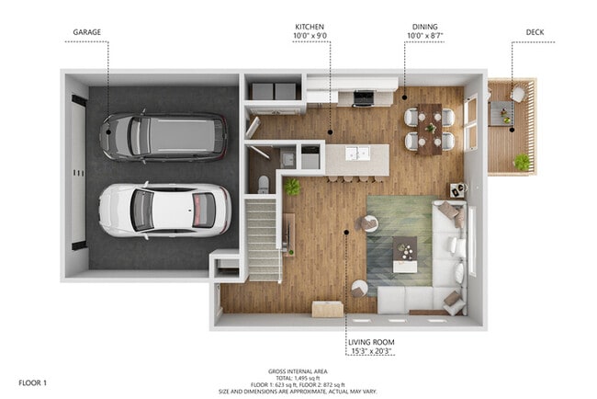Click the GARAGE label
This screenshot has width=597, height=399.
pyautogui.click(x=87, y=32)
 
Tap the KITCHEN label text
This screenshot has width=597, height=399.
pyautogui.click(x=308, y=27)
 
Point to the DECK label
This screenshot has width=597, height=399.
pyautogui.click(x=535, y=32)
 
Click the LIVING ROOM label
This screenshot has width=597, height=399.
pyautogui.click(x=370, y=341)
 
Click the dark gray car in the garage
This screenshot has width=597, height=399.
pyautogui.click(x=163, y=136)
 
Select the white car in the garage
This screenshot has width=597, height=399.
pyautogui.click(x=163, y=209)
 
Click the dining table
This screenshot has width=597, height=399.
pyautogui.click(x=429, y=128)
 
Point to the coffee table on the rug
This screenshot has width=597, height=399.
pyautogui.click(x=404, y=253)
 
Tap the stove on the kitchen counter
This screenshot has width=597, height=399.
pyautogui.click(x=362, y=97)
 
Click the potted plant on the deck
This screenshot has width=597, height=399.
pyautogui.click(x=522, y=162)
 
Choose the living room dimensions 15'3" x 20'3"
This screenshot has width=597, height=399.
pyautogui.click(x=370, y=350)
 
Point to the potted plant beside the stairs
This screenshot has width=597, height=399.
pyautogui.click(x=292, y=187)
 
